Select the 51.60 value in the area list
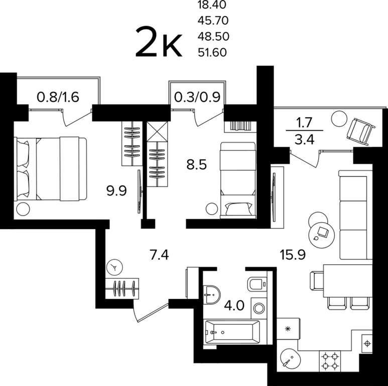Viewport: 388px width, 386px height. (212, 53)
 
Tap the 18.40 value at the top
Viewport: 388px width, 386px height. (212, 5)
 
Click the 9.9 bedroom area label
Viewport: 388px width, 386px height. (116, 191)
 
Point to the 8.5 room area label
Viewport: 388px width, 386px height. (196, 164)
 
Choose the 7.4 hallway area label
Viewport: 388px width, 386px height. (160, 255)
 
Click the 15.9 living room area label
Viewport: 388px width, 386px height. (293, 255)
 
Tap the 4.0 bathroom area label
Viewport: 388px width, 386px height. (234, 306)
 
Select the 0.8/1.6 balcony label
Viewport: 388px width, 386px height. (58, 97)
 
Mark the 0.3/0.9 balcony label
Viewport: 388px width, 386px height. (197, 97)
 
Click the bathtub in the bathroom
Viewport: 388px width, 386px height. (232, 332)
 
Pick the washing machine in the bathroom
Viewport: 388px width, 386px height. (259, 309)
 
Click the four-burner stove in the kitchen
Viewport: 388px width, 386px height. (330, 361)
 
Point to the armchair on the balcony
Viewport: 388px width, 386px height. (361, 132)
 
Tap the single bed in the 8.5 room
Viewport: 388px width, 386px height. (238, 180)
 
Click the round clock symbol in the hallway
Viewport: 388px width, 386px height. (114, 267)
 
